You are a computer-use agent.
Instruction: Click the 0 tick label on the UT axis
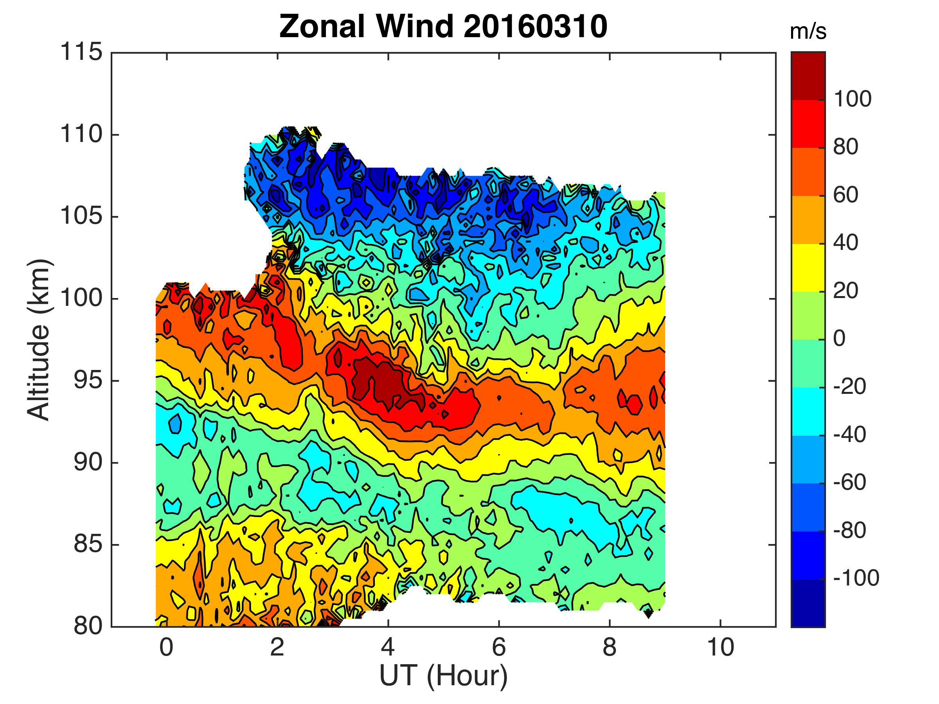pyautogui.click(x=166, y=648)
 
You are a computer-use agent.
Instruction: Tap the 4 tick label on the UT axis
pyautogui.click(x=388, y=648)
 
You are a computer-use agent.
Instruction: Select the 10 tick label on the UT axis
pyautogui.click(x=720, y=648)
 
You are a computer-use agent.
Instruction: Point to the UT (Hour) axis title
pyautogui.click(x=443, y=675)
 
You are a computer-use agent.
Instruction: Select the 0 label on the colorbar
pyautogui.click(x=839, y=339)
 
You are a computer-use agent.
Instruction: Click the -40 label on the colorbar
pyautogui.click(x=849, y=435)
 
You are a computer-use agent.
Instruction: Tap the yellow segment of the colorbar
pyautogui.click(x=808, y=268)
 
